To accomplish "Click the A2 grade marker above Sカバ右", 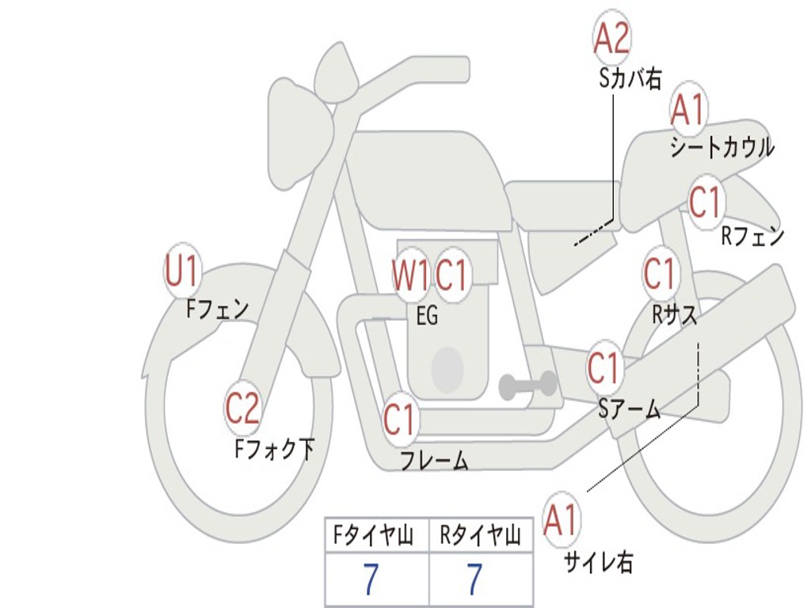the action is pyautogui.click(x=611, y=38).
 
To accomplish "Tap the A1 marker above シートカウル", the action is pyautogui.click(x=688, y=110).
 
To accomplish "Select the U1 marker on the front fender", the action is pyautogui.click(x=181, y=272).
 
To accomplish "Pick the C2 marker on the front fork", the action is pyautogui.click(x=242, y=409).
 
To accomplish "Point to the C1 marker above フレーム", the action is pyautogui.click(x=399, y=419).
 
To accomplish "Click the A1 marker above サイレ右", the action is pyautogui.click(x=562, y=520).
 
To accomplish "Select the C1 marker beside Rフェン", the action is pyautogui.click(x=705, y=203).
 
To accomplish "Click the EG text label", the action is pyautogui.click(x=427, y=315).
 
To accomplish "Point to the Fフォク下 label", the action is pyautogui.click(x=274, y=450).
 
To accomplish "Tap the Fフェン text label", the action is pyautogui.click(x=217, y=308).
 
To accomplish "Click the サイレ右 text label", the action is pyautogui.click(x=599, y=563).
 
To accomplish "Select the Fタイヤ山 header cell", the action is pyautogui.click(x=376, y=536).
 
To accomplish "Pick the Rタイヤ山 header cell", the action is pyautogui.click(x=481, y=536).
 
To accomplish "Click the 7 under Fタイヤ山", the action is pyautogui.click(x=371, y=580).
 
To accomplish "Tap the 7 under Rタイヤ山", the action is pyautogui.click(x=474, y=580).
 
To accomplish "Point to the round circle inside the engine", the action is pyautogui.click(x=447, y=369).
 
